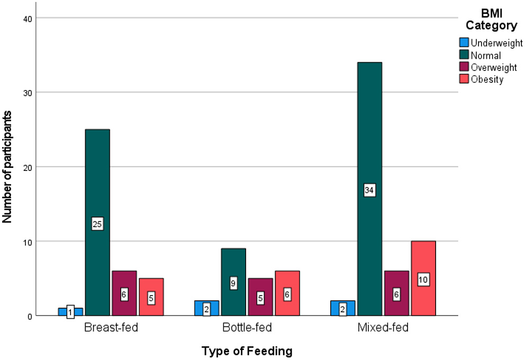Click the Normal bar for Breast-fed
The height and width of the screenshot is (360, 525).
(x=97, y=175)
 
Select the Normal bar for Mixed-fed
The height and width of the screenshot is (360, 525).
(x=369, y=132)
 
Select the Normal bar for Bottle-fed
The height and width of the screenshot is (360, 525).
(x=233, y=265)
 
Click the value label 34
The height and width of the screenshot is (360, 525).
(x=369, y=190)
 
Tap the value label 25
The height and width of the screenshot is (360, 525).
(x=97, y=224)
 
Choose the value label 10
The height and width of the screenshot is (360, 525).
(x=423, y=279)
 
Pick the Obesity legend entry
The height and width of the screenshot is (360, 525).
(x=482, y=79)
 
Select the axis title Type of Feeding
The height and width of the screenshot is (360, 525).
(x=247, y=350)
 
